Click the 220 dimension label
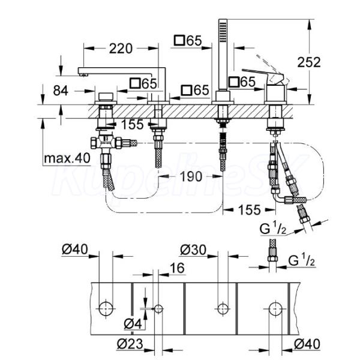tap(121, 49)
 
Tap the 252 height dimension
tap(309, 62)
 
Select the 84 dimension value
tap(61, 91)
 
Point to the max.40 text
tap(67, 158)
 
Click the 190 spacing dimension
tap(191, 176)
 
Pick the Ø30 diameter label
tap(193, 250)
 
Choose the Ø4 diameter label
tap(133, 324)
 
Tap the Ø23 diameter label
tap(130, 344)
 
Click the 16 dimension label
tap(177, 268)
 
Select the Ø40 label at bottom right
tap(307, 344)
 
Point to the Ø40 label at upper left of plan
tap(75, 249)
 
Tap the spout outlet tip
tap(83, 74)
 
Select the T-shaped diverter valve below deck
tap(106, 143)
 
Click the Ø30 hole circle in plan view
tap(223, 309)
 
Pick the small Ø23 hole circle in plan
tap(158, 309)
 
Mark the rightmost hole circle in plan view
tap(276, 309)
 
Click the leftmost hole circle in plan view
tap(106, 309)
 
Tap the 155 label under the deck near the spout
tap(132, 125)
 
